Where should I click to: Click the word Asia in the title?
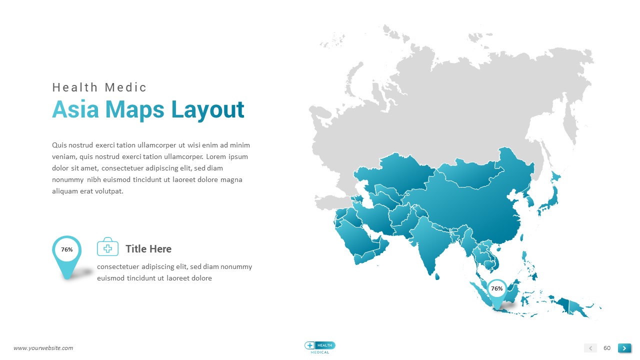(x=75, y=109)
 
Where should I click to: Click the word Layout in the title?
(x=207, y=111)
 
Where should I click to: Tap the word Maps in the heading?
(x=135, y=111)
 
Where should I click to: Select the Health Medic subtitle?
(x=99, y=87)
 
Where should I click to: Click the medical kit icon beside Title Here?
(x=107, y=247)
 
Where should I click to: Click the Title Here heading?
(x=148, y=249)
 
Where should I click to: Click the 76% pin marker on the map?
(x=497, y=294)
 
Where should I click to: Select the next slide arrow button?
(x=624, y=348)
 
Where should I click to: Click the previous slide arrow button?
(x=590, y=348)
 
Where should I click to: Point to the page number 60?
(x=607, y=348)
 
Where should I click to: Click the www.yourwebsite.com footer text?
(x=43, y=348)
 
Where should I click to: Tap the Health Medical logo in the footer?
(x=319, y=347)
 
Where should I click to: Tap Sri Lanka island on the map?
(x=437, y=276)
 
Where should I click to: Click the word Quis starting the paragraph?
(x=59, y=145)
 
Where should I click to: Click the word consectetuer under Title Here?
(x=118, y=266)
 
